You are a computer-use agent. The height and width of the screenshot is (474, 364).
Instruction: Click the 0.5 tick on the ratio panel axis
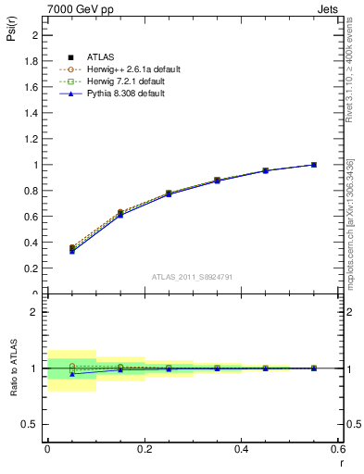click(31, 424)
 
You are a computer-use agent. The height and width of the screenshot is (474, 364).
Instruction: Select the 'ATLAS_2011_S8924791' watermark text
click(192, 276)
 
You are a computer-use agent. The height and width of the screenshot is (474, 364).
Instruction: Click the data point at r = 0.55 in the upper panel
click(314, 165)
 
